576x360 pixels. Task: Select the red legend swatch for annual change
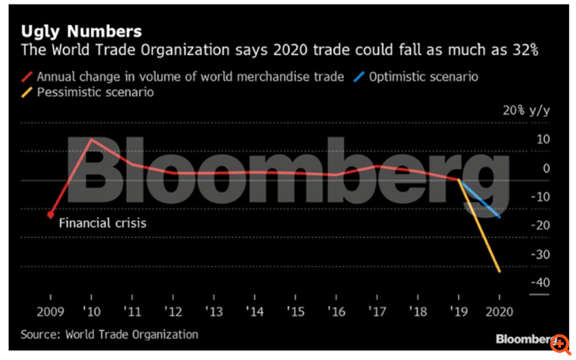pos(31,76)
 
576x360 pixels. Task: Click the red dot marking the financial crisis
pos(51,215)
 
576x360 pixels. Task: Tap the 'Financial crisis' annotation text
pos(103,223)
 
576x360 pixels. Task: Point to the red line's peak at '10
pos(92,139)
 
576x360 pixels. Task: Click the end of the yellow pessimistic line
pos(500,271)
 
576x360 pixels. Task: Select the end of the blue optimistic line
pos(500,217)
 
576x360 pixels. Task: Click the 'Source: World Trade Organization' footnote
pos(110,334)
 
